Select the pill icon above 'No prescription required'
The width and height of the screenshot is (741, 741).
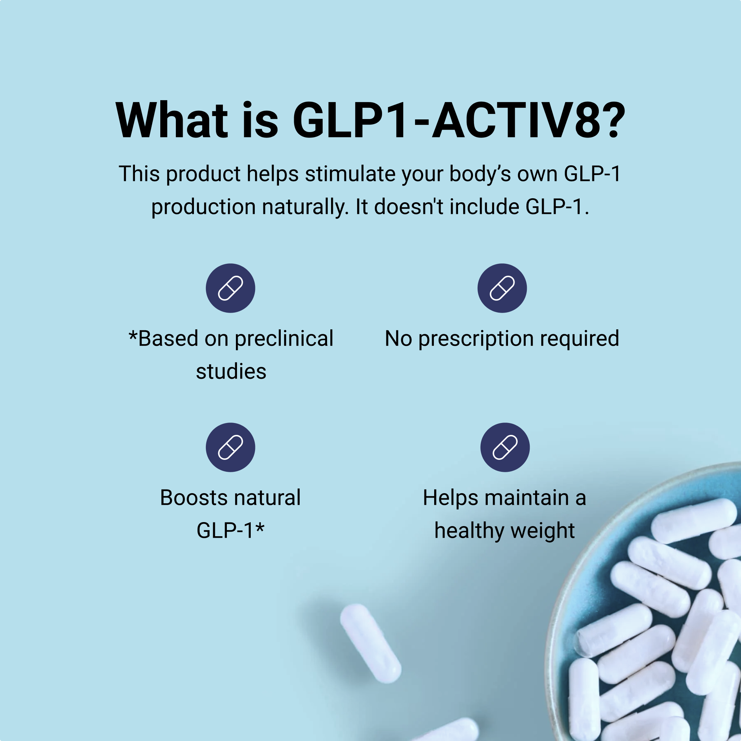[502, 288]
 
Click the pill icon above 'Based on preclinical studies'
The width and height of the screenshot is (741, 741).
[230, 288]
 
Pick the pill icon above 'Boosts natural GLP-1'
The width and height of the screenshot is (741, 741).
[230, 447]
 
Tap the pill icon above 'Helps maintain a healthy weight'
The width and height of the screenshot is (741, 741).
[505, 447]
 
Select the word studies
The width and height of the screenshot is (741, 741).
[231, 371]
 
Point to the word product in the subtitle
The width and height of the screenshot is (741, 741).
[203, 175]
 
